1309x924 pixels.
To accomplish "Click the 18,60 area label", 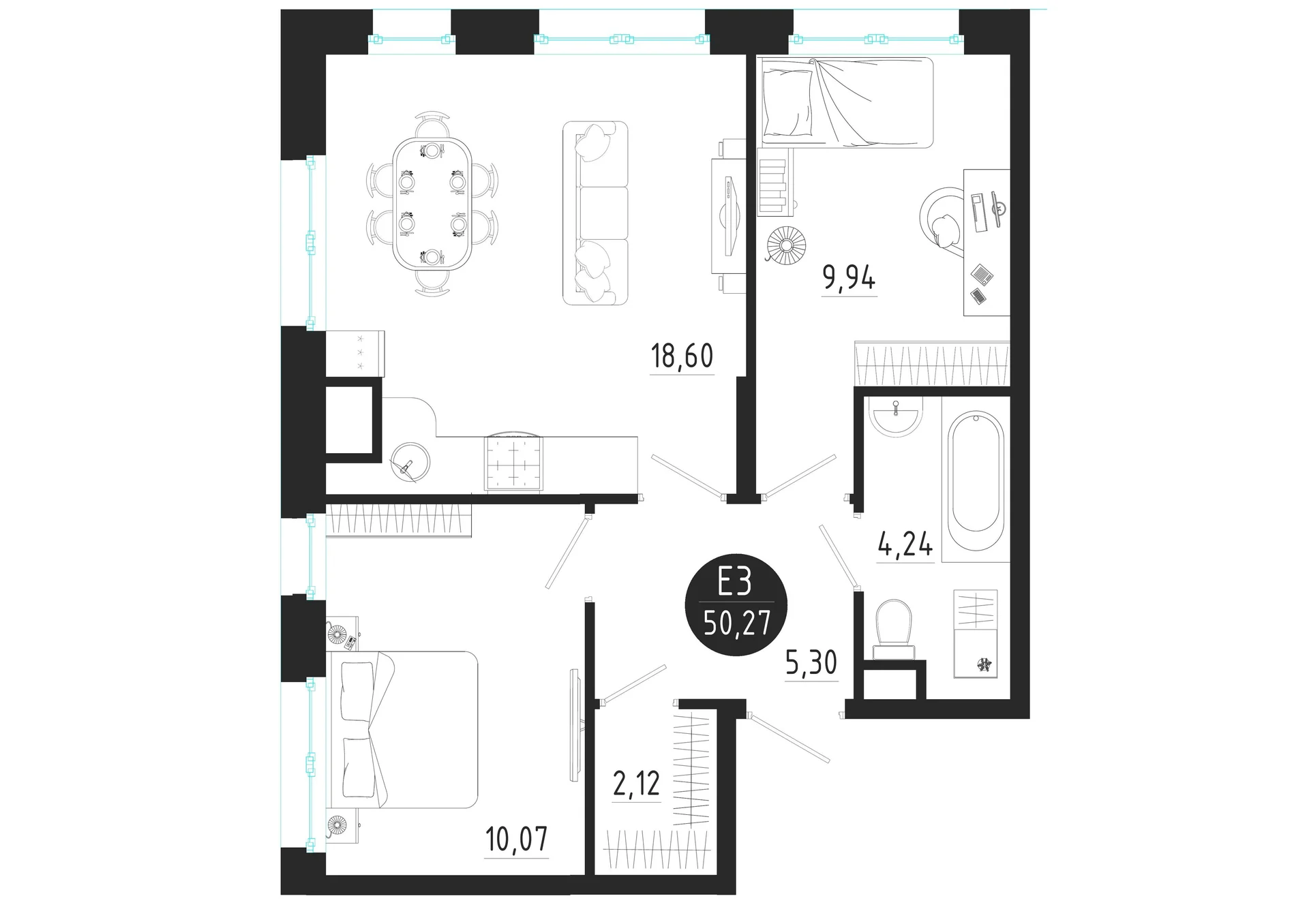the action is point(682,356).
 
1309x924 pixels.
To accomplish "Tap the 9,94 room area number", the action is point(849,278).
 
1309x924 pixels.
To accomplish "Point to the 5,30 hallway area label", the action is point(811,662).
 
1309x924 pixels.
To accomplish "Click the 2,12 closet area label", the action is point(636,784).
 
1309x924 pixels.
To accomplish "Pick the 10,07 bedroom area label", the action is point(517,840).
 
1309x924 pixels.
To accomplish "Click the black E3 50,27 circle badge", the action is point(736,605).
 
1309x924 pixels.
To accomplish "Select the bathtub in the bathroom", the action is point(975,472).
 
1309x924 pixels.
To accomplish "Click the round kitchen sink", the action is point(411,462).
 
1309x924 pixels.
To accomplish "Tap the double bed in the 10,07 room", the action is point(404,729).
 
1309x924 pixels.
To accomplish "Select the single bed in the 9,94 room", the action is point(846,102).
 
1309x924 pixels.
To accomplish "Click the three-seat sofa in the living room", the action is point(595,213).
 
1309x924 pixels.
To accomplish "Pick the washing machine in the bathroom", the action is point(975,653).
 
